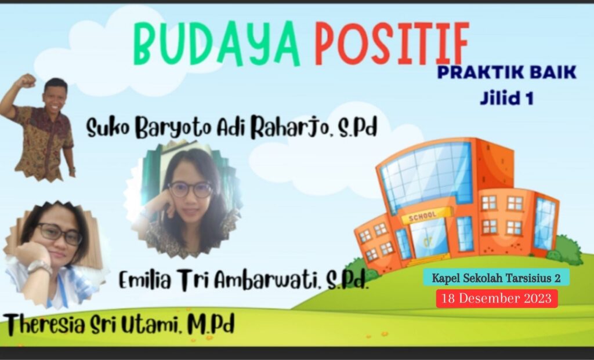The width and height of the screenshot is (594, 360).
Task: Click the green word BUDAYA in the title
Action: coord(216,43)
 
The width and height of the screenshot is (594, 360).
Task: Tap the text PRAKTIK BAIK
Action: coord(507,72)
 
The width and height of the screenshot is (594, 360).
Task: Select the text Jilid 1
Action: coord(507,98)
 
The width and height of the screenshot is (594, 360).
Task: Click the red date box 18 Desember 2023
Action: coord(497,299)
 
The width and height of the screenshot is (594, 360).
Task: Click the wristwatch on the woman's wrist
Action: coord(39,267)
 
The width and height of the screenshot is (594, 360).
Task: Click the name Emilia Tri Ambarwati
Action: coord(218,281)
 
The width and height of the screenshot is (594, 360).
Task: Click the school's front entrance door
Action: coord(429,242)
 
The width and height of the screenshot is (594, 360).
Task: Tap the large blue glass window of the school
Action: coord(427,176)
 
